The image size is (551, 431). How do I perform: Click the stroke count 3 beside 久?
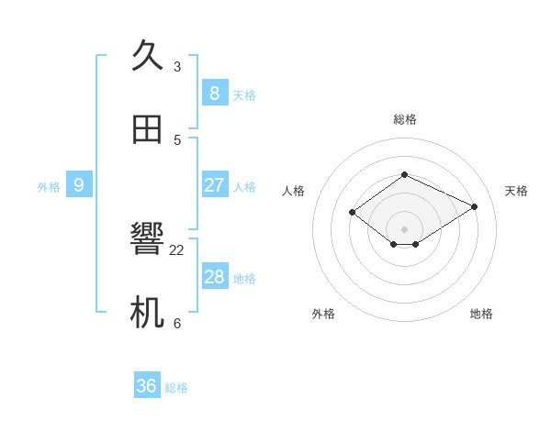click(x=177, y=67)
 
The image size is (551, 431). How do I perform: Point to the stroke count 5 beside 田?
click(x=177, y=140)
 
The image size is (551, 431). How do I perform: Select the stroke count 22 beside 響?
click(x=177, y=250)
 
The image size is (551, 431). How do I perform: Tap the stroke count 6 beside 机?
click(x=177, y=324)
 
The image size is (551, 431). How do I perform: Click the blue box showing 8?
click(x=214, y=93)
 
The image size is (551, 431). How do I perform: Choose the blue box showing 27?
click(x=214, y=184)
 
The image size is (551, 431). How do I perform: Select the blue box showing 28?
click(x=214, y=276)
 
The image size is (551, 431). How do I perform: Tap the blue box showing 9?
click(x=79, y=184)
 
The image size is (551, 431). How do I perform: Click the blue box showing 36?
click(x=147, y=386)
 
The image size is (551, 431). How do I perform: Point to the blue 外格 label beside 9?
click(x=49, y=187)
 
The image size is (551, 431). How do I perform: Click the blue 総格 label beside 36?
click(x=176, y=389)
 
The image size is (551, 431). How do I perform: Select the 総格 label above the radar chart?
click(x=405, y=119)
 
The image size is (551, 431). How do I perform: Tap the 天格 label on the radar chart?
click(x=516, y=191)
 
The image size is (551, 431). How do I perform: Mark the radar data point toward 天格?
click(x=475, y=206)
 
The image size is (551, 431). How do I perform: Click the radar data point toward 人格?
click(x=353, y=212)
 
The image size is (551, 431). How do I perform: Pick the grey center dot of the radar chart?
click(x=405, y=228)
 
